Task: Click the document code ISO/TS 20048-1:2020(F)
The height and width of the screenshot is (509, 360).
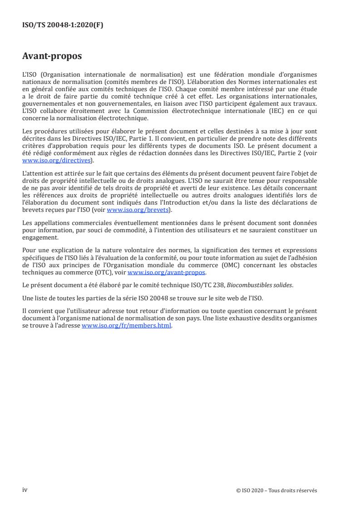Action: coord(63,25)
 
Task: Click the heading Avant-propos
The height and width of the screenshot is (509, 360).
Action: coord(52,56)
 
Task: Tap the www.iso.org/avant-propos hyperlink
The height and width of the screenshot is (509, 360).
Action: coord(167,272)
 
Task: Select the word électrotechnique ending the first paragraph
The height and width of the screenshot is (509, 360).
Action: coord(122,118)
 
